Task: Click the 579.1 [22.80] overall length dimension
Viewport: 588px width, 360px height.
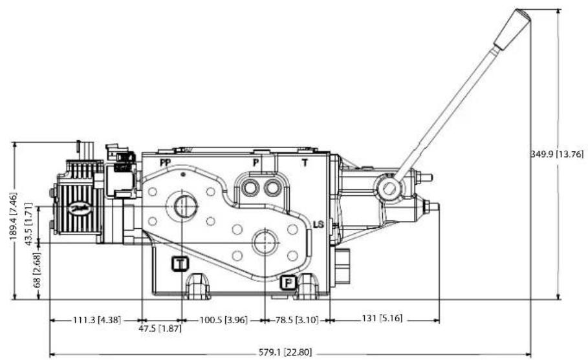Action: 285,352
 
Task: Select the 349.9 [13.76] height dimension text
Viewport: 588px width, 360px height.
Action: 558,154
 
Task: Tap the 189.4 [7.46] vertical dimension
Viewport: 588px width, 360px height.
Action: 14,217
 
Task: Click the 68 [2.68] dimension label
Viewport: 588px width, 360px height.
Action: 37,270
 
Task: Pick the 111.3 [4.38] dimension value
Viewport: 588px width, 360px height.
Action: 97,321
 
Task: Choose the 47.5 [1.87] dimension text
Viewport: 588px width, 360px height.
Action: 160,329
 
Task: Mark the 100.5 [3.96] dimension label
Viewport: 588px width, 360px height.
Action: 224,321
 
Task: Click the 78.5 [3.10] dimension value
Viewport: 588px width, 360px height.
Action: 298,321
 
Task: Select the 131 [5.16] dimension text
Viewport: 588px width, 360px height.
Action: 382,319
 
